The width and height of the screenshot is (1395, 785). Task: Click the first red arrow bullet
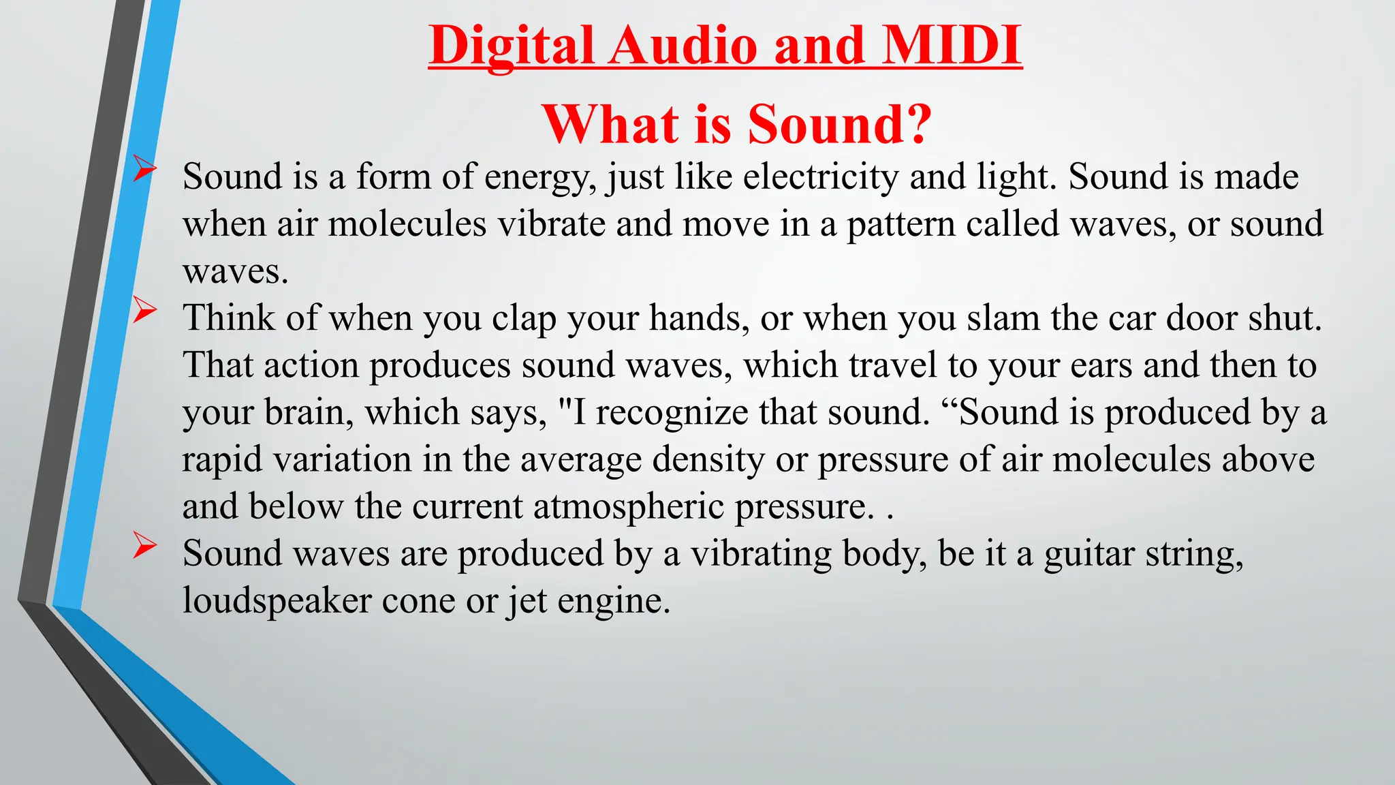(x=144, y=168)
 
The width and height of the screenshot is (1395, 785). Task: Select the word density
(x=708, y=460)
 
